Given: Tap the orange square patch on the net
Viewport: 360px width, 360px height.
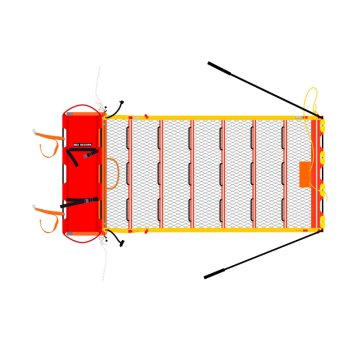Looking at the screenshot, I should [x=306, y=172].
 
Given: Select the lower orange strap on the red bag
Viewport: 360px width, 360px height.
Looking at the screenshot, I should [x=46, y=214].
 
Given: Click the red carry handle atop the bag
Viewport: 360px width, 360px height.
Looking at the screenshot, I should [x=82, y=105].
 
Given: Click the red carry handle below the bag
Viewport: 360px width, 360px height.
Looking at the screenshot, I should [x=82, y=240].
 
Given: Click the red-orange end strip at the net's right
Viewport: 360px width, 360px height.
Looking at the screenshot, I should [x=319, y=173].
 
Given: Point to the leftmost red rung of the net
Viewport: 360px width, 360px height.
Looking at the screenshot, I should [x=130, y=173].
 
